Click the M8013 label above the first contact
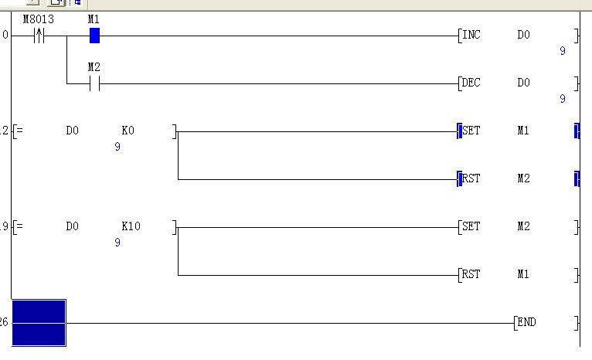point(38,19)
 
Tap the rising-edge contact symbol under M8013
point(39,36)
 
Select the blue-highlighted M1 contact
point(94,36)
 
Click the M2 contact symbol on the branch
point(94,83)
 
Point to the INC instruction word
point(470,36)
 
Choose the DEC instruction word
point(470,83)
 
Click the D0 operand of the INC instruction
point(524,36)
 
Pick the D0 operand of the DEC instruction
point(524,83)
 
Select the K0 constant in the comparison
point(128,131)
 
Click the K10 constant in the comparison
point(131,226)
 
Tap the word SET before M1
point(471,131)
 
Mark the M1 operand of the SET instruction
point(524,131)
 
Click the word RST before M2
point(471,178)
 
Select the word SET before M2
point(471,226)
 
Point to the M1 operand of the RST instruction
point(524,274)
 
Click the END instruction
point(527,322)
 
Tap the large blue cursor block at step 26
point(39,322)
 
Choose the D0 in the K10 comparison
point(72,226)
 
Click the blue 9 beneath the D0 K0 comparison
point(117,147)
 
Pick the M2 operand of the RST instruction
point(524,178)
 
